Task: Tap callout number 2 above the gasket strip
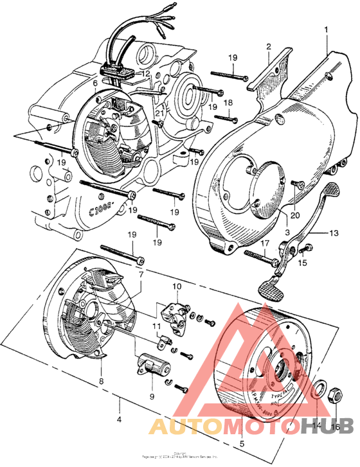pyautogui.click(x=269, y=46)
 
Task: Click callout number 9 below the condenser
pyautogui.click(x=152, y=397)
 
